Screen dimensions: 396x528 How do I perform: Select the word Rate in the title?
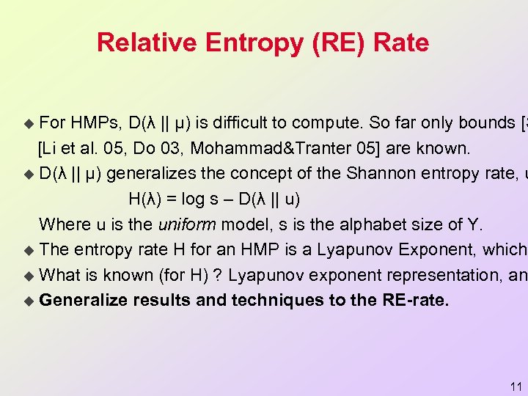400,43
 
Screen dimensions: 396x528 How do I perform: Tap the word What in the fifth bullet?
62,275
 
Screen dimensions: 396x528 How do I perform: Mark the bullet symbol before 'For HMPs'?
29,122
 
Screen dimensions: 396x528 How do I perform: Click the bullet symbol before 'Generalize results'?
29,300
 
